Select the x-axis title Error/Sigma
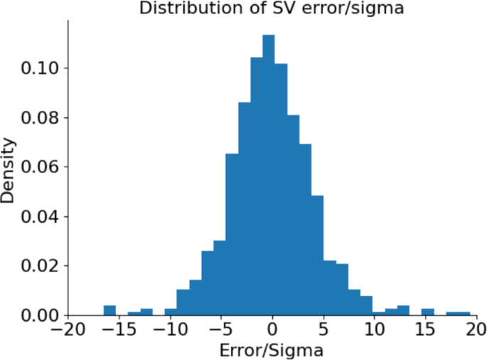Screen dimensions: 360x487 click(x=272, y=350)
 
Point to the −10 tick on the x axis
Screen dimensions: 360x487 click(x=170, y=330)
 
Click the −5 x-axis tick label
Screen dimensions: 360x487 click(x=221, y=330)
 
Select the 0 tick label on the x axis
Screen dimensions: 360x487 click(x=272, y=330)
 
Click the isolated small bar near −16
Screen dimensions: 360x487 click(x=109, y=310)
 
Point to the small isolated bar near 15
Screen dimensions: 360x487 click(x=427, y=312)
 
